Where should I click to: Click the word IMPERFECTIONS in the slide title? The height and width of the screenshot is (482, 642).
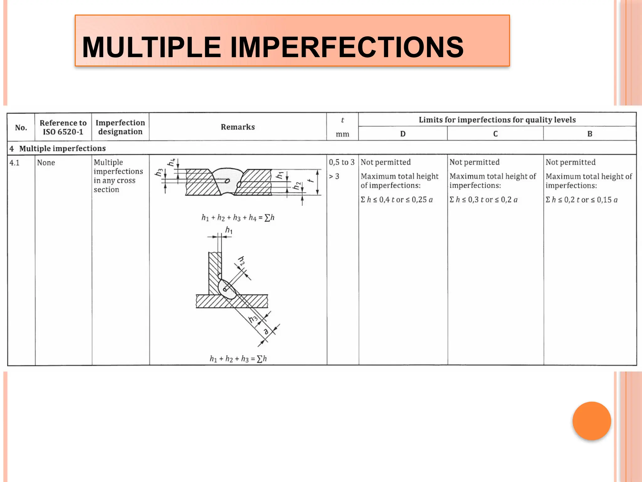347,47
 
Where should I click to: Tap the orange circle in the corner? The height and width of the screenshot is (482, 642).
592,421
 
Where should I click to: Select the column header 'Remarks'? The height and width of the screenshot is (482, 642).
238,127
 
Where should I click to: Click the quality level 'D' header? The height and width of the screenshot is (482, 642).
403,134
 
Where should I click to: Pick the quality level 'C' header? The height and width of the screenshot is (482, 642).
495,134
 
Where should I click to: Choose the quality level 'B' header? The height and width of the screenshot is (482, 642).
590,134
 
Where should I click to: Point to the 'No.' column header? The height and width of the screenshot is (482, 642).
21,128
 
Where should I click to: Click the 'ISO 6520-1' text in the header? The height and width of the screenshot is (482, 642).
63,132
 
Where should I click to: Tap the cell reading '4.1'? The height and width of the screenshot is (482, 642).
14,163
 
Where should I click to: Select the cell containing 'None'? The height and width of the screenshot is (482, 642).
46,163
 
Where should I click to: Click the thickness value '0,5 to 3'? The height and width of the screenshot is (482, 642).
342,162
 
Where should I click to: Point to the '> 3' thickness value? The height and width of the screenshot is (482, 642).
334,176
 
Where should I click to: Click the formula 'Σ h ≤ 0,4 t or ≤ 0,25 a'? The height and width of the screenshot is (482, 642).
397,200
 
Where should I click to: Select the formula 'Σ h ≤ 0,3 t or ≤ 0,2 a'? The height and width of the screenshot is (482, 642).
483,200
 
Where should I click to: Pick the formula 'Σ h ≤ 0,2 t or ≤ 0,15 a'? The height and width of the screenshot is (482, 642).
581,200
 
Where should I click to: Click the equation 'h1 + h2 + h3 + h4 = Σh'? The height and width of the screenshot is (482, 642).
238,218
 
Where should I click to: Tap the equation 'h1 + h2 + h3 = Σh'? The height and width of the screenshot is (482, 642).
238,359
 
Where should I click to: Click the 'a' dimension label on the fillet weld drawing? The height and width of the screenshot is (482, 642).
266,331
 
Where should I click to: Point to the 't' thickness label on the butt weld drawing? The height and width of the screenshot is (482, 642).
310,181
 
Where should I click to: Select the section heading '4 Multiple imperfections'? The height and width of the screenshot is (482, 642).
58,148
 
